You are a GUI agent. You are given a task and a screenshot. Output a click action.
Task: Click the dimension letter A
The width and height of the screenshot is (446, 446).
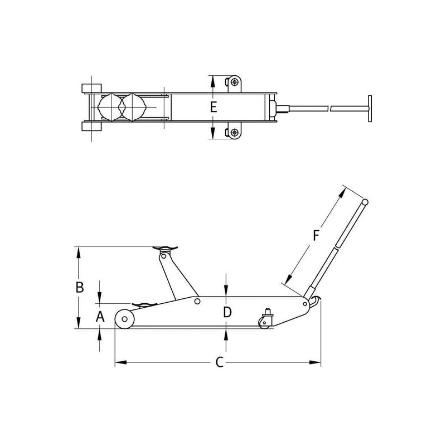(100, 316)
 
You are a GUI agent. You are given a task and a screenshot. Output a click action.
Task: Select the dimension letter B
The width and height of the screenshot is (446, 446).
(80, 287)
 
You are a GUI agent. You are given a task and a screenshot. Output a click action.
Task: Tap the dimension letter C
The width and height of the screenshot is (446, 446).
(219, 362)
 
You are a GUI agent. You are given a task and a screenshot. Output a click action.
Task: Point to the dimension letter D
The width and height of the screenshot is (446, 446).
(227, 312)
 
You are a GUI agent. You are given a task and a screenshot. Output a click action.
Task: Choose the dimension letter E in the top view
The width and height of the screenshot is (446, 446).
(214, 107)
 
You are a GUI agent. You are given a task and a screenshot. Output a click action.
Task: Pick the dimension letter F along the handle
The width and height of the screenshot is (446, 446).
(316, 235)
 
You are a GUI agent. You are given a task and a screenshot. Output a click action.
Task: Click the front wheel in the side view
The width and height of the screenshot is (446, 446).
(124, 319)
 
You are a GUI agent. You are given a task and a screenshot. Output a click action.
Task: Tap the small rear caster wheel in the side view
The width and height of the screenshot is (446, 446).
(264, 323)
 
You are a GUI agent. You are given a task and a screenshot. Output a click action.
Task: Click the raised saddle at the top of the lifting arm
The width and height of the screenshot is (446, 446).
(165, 249)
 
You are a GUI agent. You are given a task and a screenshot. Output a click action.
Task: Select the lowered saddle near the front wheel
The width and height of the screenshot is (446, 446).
(144, 304)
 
